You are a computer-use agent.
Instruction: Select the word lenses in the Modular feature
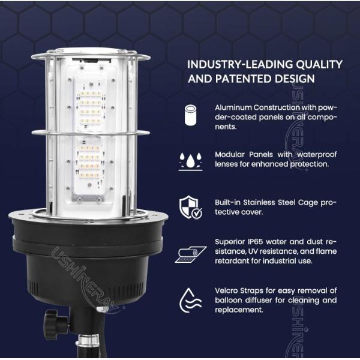pyautogui.click(x=227, y=164)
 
